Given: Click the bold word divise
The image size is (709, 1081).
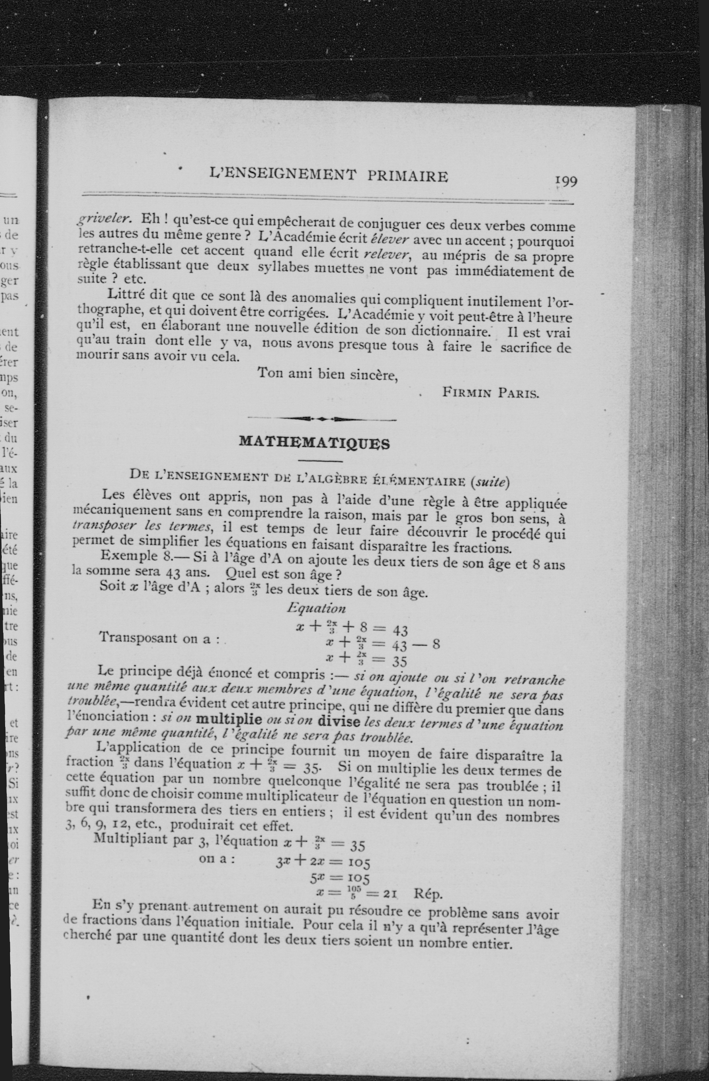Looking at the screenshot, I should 339,721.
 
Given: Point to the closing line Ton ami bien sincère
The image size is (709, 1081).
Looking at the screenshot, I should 328,374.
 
